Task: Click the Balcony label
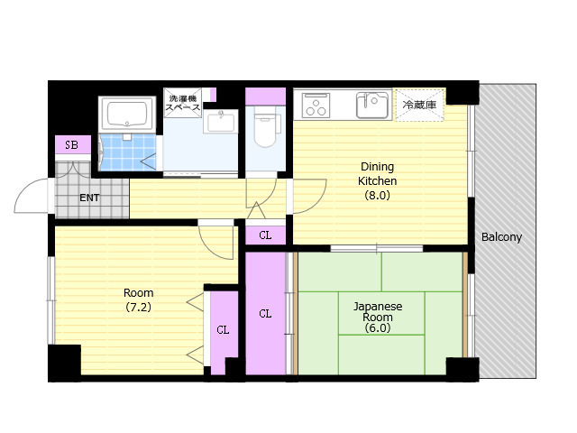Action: [x=501, y=236]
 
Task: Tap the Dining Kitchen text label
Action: [x=377, y=174]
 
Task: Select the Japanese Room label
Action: [x=378, y=311]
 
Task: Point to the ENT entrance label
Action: [x=89, y=198]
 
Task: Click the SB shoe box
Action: [x=72, y=144]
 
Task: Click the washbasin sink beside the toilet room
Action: [x=220, y=122]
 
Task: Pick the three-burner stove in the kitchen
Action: [x=316, y=105]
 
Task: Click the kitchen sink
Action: [x=373, y=105]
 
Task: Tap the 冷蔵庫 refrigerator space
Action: [x=419, y=105]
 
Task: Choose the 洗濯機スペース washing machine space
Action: [x=183, y=103]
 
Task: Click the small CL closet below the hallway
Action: [x=265, y=235]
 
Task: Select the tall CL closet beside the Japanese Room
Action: [x=265, y=314]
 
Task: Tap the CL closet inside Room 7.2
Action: [x=223, y=330]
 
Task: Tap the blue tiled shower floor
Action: [x=127, y=152]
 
